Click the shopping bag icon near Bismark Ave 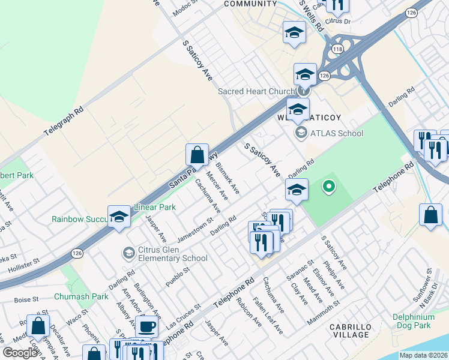(197, 155)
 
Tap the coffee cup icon (146, 328)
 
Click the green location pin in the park (328, 187)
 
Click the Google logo (20, 353)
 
